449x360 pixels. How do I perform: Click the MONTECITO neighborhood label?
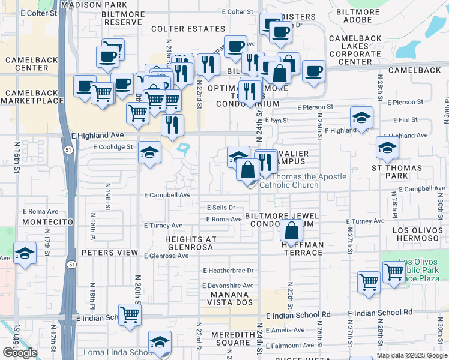[x=47, y=222]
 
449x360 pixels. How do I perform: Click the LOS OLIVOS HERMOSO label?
[x=417, y=234]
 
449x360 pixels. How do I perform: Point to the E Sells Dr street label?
[x=221, y=208]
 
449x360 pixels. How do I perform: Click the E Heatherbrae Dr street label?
[x=228, y=271]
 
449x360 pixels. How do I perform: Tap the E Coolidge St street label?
[x=113, y=147]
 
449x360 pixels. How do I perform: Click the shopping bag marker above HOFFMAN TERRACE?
[x=291, y=230]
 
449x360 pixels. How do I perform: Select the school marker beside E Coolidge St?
[x=149, y=152]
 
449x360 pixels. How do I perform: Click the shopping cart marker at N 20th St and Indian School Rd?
[x=130, y=314]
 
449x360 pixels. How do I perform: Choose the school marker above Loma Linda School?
[x=160, y=341]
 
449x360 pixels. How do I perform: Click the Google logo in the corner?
[x=19, y=353]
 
